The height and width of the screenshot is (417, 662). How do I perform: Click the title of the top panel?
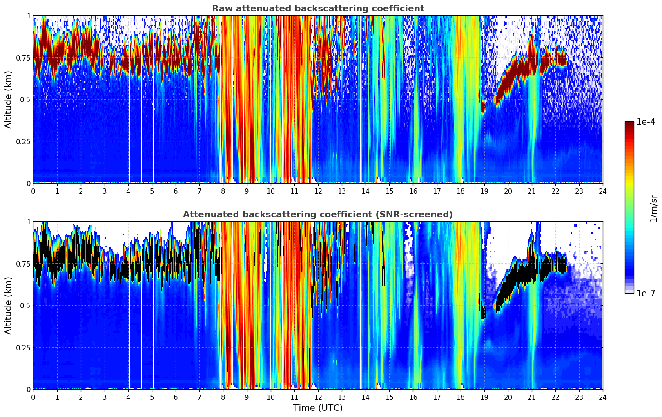click(x=318, y=9)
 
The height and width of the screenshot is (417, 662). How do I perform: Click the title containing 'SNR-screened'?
click(x=318, y=215)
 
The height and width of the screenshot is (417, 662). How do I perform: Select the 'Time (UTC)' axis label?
click(x=318, y=408)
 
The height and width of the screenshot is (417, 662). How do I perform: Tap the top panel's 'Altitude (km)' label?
click(x=9, y=99)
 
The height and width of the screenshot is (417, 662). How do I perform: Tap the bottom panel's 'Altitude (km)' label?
click(x=9, y=305)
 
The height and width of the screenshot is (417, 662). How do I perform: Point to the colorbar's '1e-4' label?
click(x=646, y=122)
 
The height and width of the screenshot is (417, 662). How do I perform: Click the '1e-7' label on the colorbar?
click(x=646, y=293)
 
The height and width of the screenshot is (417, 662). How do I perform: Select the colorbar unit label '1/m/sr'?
click(x=653, y=208)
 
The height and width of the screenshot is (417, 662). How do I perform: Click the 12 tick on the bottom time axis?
click(x=318, y=397)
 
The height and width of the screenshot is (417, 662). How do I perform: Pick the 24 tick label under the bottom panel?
click(x=603, y=397)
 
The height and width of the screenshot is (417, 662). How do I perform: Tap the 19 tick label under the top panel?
click(x=484, y=191)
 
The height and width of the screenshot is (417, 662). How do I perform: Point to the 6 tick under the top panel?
click(x=176, y=191)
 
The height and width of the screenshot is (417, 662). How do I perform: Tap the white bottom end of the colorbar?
click(x=629, y=291)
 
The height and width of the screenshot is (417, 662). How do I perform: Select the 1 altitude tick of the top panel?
click(x=29, y=16)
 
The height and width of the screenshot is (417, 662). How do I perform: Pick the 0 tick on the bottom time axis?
click(x=33, y=397)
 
